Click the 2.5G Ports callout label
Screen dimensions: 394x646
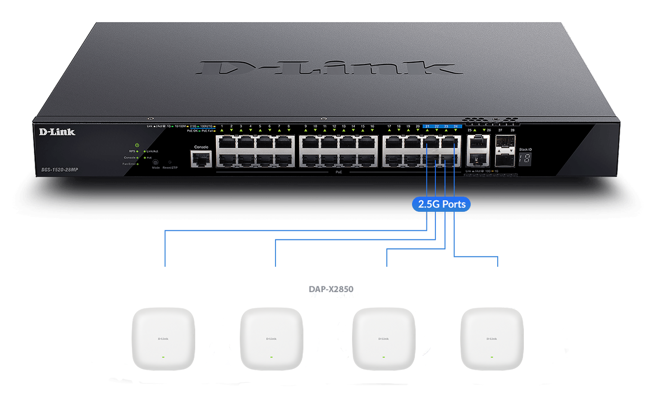[x=441, y=204]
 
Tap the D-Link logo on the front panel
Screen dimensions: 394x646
[x=57, y=132]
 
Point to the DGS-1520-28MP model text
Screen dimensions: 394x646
[x=60, y=170]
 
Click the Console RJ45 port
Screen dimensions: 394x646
[x=201, y=159]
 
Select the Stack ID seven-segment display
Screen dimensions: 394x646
[x=525, y=159]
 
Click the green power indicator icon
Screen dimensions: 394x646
[x=137, y=145]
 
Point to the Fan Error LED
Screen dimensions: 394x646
[x=137, y=164]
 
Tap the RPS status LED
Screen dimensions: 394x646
[x=137, y=151]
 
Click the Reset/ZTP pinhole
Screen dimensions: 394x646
[x=170, y=161]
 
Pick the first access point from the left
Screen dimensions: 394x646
[x=163, y=339]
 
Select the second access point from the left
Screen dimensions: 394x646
[x=271, y=339]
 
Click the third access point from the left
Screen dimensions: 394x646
[x=383, y=339]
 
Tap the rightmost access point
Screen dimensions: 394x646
[x=491, y=339]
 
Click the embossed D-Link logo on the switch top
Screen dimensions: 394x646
[x=329, y=68]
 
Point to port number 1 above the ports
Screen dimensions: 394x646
[x=222, y=126]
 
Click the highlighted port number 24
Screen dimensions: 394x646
[x=456, y=126]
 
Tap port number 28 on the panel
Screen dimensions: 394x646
[x=512, y=130]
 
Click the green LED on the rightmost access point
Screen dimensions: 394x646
[x=491, y=357]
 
